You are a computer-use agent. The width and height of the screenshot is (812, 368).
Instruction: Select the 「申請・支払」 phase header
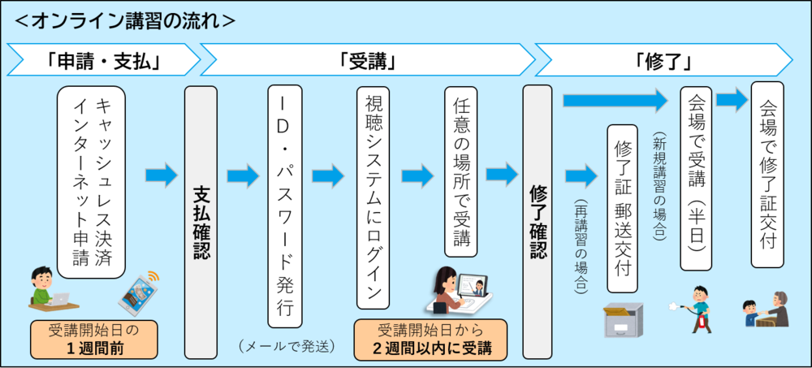pyautogui.click(x=101, y=59)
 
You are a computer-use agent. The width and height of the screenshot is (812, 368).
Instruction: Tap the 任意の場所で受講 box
pyautogui.click(x=460, y=171)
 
